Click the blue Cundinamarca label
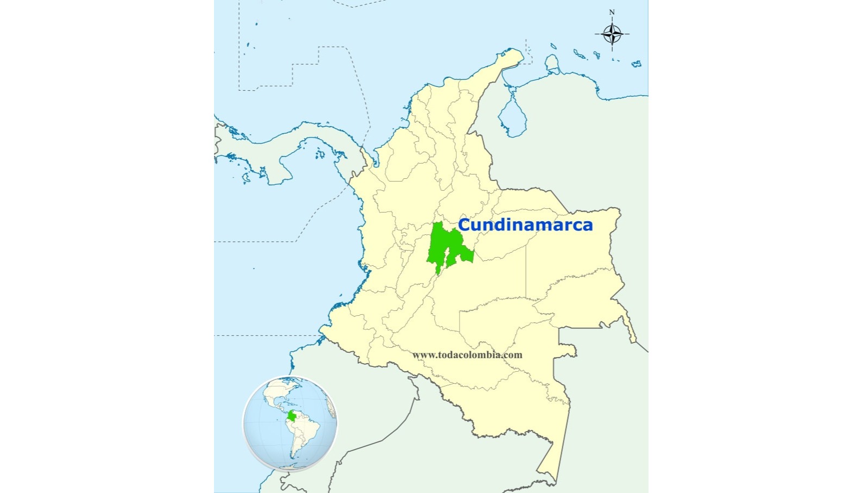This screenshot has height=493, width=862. [525, 224]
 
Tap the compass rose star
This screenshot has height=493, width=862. [612, 34]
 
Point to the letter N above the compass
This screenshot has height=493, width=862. [612, 13]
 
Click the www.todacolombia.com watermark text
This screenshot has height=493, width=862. [467, 355]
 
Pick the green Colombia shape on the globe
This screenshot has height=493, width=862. [292, 417]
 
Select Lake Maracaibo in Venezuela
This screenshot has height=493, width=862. [512, 117]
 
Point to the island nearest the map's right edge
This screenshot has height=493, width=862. [636, 64]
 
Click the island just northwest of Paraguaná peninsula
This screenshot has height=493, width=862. [552, 46]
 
